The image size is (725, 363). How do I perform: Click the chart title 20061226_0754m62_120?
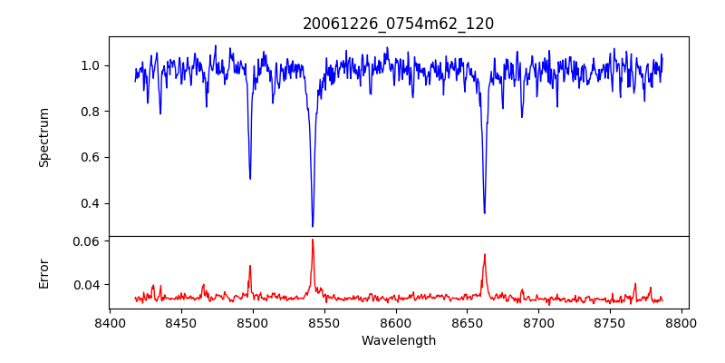(x=398, y=24)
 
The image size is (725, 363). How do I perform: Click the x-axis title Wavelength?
(x=398, y=340)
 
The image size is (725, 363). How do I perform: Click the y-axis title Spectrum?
(x=44, y=137)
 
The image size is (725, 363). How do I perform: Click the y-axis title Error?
(x=44, y=273)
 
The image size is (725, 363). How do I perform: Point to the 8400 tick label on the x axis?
(x=110, y=322)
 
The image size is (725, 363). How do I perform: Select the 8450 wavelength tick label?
(x=181, y=322)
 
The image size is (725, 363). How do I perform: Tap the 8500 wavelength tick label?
(x=253, y=322)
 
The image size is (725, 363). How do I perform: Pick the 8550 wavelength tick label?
(x=324, y=322)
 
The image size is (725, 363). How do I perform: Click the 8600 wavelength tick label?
(x=396, y=322)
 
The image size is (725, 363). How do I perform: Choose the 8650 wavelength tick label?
(x=468, y=322)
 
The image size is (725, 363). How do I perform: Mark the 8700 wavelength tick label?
(x=539, y=322)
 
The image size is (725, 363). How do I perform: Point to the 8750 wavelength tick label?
(x=611, y=322)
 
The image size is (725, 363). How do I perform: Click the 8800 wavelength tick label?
(x=682, y=322)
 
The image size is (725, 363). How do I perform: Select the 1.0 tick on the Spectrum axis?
(x=92, y=65)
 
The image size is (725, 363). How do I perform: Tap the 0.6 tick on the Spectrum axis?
(x=92, y=157)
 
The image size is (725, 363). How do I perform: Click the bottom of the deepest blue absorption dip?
(x=313, y=226)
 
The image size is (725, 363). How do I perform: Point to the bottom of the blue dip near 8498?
(x=250, y=178)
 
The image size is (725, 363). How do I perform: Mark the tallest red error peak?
(x=313, y=240)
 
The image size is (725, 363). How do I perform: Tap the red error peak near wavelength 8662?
(x=484, y=254)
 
